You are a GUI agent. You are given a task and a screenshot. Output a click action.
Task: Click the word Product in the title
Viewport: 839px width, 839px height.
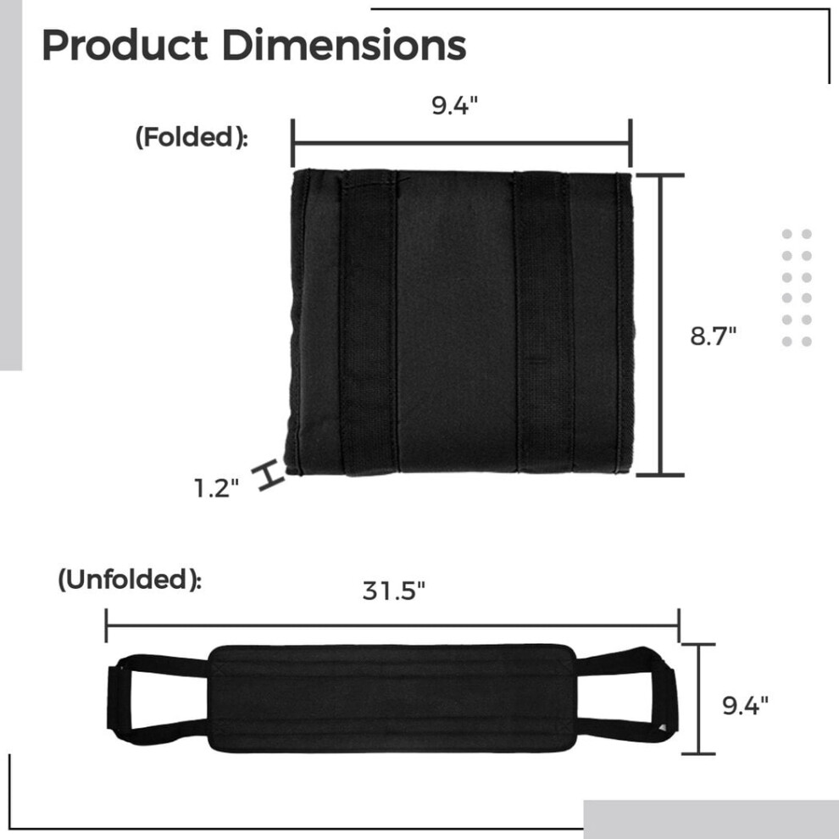(x=125, y=46)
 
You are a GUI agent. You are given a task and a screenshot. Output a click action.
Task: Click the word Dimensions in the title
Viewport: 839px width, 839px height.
(x=344, y=46)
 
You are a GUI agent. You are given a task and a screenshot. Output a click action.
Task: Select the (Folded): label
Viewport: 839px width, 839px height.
(x=192, y=137)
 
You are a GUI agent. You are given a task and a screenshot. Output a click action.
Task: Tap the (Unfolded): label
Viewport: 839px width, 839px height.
(x=130, y=580)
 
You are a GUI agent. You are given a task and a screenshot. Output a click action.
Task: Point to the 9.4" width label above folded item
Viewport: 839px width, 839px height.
(x=454, y=105)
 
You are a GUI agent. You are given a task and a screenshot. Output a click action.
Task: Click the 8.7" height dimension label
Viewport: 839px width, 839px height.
(x=714, y=336)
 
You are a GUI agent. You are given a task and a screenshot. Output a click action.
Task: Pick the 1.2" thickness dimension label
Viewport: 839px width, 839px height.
(x=216, y=488)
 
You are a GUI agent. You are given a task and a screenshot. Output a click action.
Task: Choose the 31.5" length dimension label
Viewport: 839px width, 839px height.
(x=394, y=591)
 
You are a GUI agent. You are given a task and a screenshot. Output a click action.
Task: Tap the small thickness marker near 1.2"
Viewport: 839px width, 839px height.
(x=271, y=475)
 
